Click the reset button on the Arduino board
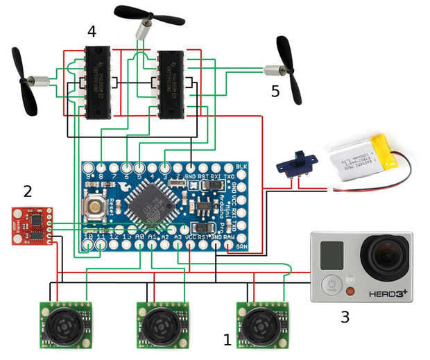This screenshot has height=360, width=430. click(94, 205)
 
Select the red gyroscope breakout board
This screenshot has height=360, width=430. click(31, 225)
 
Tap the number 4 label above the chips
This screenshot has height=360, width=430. click(92, 31)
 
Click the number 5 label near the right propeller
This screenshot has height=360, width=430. click(276, 91)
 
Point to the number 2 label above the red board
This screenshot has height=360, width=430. click(27, 190)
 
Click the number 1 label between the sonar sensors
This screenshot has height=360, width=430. click(227, 340)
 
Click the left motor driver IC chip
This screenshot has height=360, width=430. click(98, 83)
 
